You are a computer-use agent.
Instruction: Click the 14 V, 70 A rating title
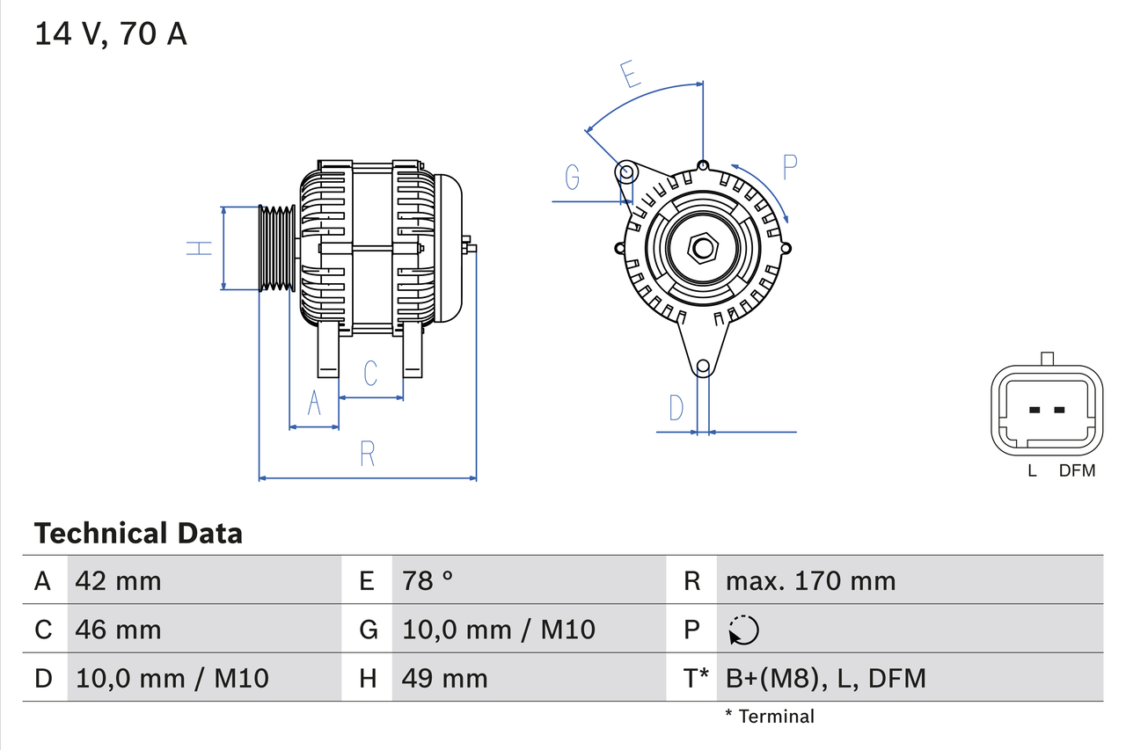pyautogui.click(x=111, y=34)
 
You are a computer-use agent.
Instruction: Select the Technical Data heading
pyautogui.click(x=138, y=533)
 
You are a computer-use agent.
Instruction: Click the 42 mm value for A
pyautogui.click(x=119, y=580)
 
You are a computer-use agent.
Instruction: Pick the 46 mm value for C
pyautogui.click(x=119, y=630)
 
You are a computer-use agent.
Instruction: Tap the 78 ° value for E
pyautogui.click(x=428, y=580)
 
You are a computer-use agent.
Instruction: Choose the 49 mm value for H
pyautogui.click(x=444, y=679)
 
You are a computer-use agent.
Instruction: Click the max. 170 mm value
pyautogui.click(x=810, y=580)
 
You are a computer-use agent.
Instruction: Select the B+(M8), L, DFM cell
pyautogui.click(x=825, y=679)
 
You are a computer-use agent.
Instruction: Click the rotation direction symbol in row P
pyautogui.click(x=743, y=630)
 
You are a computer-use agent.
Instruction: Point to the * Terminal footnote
pyautogui.click(x=770, y=717)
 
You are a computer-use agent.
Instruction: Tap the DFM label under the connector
pyautogui.click(x=1077, y=471)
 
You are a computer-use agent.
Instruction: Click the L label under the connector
pyautogui.click(x=1033, y=471)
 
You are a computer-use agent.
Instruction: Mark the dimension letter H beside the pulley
pyautogui.click(x=201, y=248)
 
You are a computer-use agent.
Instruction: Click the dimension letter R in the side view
pyautogui.click(x=368, y=454)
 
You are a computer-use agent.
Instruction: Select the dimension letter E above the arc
pyautogui.click(x=630, y=75)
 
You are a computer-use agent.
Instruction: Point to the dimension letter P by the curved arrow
pyautogui.click(x=789, y=167)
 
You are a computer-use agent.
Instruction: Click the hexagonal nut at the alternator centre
pyautogui.click(x=702, y=248)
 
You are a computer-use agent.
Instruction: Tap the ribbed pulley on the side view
pyautogui.click(x=276, y=248)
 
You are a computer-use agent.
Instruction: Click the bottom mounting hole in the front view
pyautogui.click(x=702, y=367)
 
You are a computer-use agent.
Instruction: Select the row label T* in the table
pyautogui.click(x=696, y=679)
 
